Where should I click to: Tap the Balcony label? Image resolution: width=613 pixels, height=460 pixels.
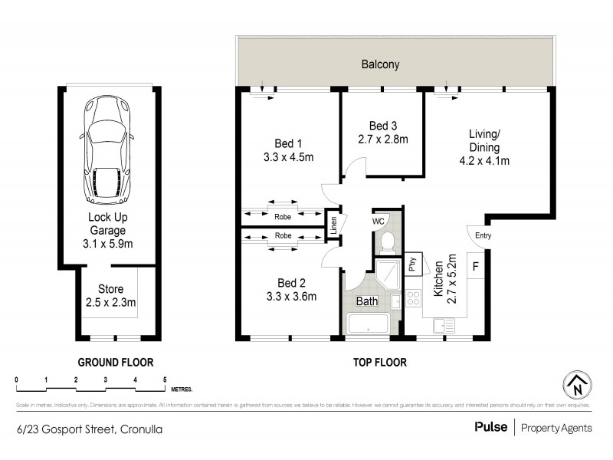tap(381, 64)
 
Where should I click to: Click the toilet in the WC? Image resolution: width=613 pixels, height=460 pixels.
tap(387, 243)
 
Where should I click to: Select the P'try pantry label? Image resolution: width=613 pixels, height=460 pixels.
tap(411, 265)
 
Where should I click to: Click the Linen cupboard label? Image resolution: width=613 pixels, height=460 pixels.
tap(333, 225)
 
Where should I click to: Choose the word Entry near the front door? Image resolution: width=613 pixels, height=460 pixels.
tap(484, 235)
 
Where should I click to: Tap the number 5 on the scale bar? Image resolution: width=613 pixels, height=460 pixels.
tap(165, 379)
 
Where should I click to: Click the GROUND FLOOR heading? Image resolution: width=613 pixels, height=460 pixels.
tap(116, 362)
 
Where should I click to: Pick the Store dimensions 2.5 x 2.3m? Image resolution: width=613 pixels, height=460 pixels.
tap(111, 302)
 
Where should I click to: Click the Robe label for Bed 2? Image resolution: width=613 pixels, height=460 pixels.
tap(283, 235)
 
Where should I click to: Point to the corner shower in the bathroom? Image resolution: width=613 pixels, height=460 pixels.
tap(387, 276)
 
